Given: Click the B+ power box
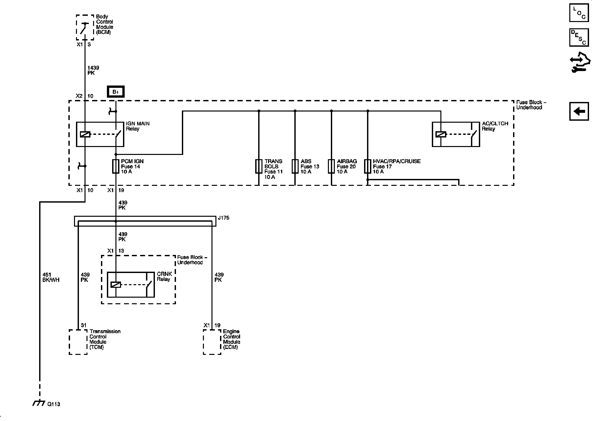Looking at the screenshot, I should coord(115,92).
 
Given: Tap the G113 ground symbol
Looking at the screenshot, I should coord(39,403).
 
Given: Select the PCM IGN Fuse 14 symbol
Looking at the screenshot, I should coord(116,166).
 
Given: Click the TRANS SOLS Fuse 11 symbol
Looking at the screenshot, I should coord(259,166).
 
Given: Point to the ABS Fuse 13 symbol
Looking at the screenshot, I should coord(295,166).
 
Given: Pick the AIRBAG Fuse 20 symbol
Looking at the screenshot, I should coord(331,166).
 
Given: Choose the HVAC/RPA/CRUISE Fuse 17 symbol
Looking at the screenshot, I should coord(368,166).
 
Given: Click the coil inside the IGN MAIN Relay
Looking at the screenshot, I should coord(85,134).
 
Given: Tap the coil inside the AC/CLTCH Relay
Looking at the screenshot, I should coord(441,134).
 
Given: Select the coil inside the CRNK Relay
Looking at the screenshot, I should coord(116,285).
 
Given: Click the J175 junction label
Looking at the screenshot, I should coord(223,218).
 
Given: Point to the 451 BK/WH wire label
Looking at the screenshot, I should coord(51,277).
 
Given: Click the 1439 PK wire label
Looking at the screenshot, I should coord(93,70).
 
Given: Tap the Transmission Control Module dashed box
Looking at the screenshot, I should coord(78,342).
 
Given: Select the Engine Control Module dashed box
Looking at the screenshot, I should coord(212,342).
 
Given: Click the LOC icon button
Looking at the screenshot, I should coord(579,13).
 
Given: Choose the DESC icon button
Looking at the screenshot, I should coord(579,37).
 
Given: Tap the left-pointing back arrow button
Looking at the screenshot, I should coord(579,111).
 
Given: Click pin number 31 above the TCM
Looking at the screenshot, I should coord(84,325).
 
